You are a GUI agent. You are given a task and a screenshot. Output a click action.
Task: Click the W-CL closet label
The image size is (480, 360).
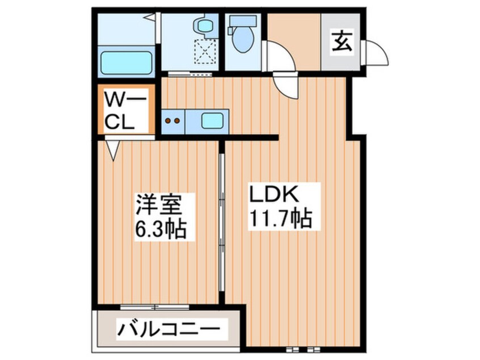[124, 112]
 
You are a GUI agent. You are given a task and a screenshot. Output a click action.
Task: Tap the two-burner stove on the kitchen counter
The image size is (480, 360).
[174, 120]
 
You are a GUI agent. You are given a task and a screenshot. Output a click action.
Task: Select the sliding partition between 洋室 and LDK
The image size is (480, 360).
[222, 221]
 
